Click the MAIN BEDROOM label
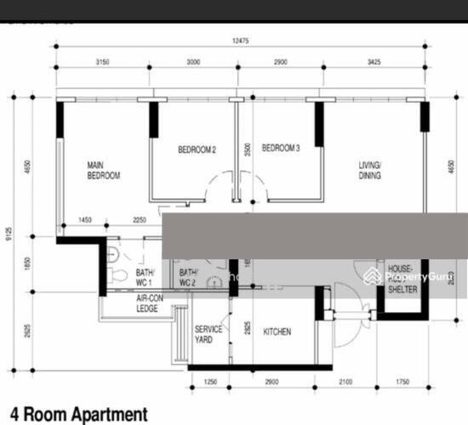click(x=103, y=170)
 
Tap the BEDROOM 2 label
click(x=197, y=150)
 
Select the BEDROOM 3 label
click(x=281, y=149)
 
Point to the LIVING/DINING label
click(x=370, y=170)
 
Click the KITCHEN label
click(x=277, y=331)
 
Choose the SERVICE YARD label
click(x=208, y=333)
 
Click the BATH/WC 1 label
click(x=143, y=277)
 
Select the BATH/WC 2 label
click(x=187, y=277)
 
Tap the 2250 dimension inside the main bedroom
click(x=140, y=220)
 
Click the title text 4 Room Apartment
click(x=78, y=414)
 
